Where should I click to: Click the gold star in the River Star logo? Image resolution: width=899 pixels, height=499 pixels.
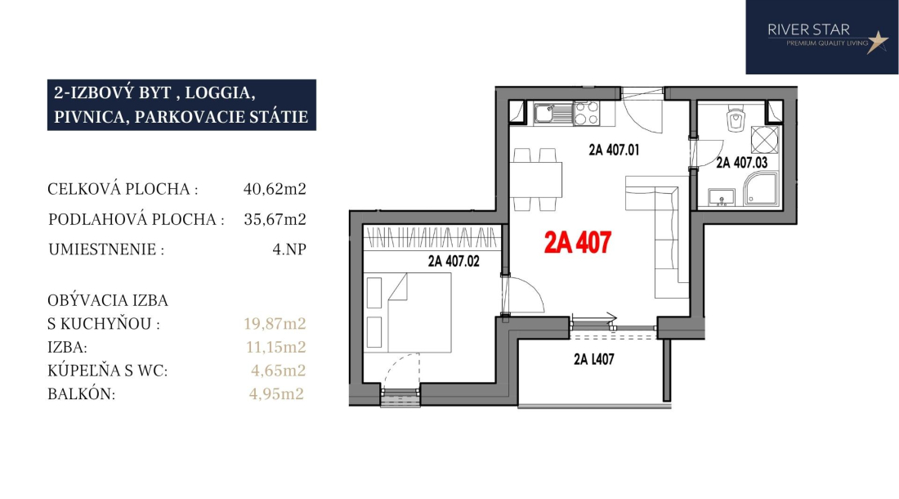(877, 42)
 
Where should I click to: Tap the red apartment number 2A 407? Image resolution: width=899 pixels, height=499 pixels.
(577, 243)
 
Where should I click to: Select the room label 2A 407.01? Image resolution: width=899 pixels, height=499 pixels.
(614, 151)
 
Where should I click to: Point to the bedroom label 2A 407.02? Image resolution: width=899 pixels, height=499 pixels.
(454, 262)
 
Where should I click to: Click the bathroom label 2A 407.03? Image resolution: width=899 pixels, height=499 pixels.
(741, 163)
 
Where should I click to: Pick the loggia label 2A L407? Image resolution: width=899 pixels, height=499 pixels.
(594, 360)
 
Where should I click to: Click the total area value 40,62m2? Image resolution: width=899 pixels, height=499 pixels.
(275, 189)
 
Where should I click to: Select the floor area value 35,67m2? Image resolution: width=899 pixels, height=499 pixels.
(275, 219)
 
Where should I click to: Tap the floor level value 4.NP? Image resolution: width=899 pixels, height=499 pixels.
(289, 249)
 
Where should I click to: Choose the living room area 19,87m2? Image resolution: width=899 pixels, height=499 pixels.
(275, 323)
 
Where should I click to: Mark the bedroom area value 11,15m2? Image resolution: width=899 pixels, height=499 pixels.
(275, 347)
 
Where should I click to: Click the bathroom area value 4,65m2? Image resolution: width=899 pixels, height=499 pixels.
(278, 371)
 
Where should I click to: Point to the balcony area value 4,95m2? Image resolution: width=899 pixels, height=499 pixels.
(276, 394)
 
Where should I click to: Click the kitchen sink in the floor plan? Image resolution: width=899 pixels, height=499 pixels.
(553, 113)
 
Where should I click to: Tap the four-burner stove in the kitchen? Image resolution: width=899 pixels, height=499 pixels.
(587, 113)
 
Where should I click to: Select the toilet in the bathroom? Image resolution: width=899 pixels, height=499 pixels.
(735, 119)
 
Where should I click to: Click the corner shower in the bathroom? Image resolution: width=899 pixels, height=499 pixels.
(762, 189)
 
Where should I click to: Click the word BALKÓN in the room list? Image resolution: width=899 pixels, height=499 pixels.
(82, 394)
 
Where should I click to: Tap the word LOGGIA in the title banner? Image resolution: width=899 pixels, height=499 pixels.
(220, 93)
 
